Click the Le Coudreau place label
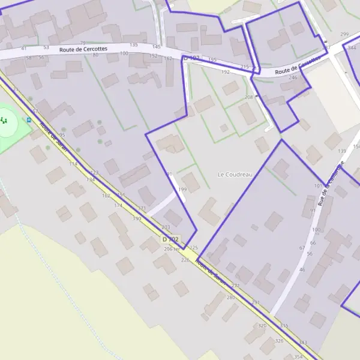(x=235, y=175)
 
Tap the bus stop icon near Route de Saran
(x=28, y=119)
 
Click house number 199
(x=182, y=190)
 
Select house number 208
(x=249, y=97)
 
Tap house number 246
(x=293, y=77)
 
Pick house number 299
(x=344, y=35)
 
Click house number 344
(x=353, y=46)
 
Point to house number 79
(x=82, y=43)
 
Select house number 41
(x=24, y=48)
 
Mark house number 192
(x=226, y=72)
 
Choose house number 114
(x=73, y=164)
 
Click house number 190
(x=137, y=218)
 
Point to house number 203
(x=166, y=227)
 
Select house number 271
(x=235, y=286)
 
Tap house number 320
(x=262, y=325)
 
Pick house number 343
(x=302, y=343)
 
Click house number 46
(x=302, y=270)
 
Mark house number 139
(x=342, y=151)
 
